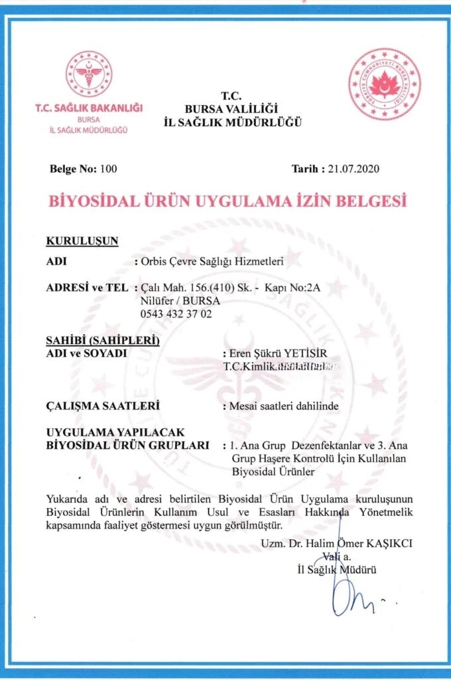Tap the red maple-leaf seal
[x=385, y=84]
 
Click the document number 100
[x=107, y=169]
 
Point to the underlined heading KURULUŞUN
[x=82, y=241]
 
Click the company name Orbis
[x=155, y=262]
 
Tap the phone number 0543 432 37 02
[x=177, y=313]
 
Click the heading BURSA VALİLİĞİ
[x=231, y=108]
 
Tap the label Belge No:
[x=73, y=169]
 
